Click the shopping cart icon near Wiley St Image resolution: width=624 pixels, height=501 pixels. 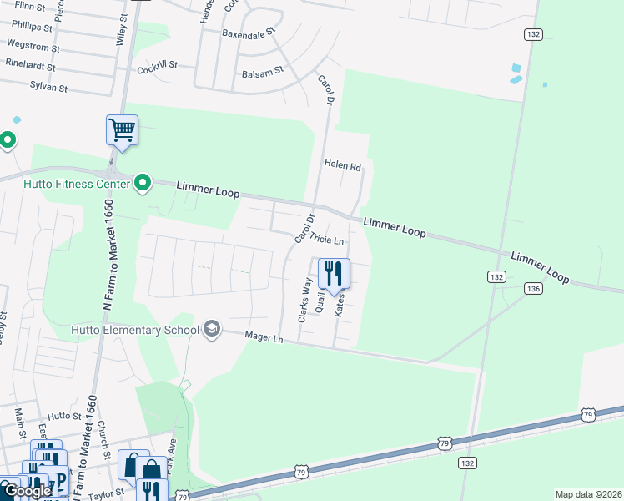pos(122,130)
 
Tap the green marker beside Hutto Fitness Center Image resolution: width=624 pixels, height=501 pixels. pos(143,182)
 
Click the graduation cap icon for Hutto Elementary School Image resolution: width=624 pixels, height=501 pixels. pos(212,329)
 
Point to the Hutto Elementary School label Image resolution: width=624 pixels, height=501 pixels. pos(146,330)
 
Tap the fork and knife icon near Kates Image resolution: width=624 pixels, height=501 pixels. pos(334,273)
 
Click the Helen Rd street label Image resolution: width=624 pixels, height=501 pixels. pos(343,167)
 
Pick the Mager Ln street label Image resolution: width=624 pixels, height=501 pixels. pos(264,337)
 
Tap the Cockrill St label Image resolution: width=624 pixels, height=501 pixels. pos(158,64)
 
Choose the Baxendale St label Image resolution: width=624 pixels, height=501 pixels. pos(248,34)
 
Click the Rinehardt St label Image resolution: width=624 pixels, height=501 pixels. pos(30,66)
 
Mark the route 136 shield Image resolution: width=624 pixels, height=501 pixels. pos(534,288)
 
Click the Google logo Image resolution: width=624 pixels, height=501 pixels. pos(28,491)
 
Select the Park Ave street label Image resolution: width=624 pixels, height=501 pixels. pos(173,458)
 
